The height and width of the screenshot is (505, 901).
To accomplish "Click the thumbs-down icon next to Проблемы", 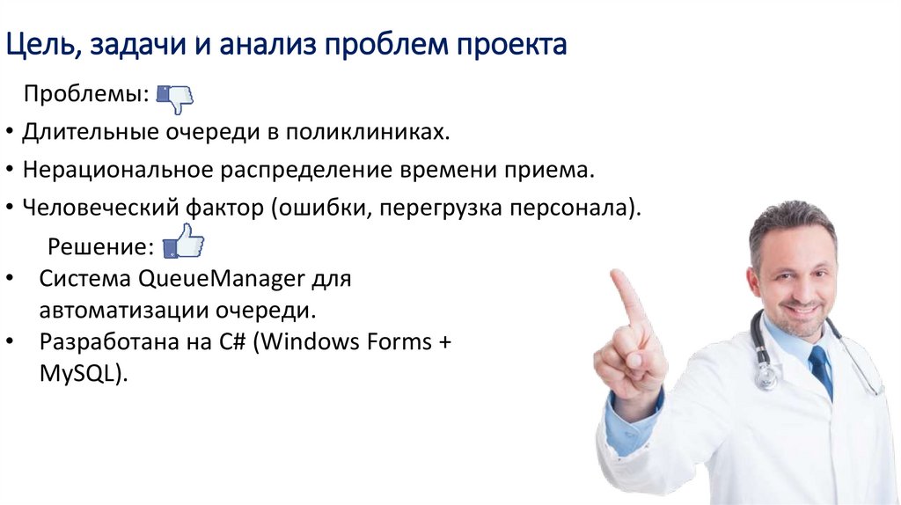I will [x=175, y=97].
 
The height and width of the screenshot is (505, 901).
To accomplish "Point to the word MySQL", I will [x=79, y=372].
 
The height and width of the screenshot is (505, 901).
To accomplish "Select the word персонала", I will [x=577, y=209].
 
